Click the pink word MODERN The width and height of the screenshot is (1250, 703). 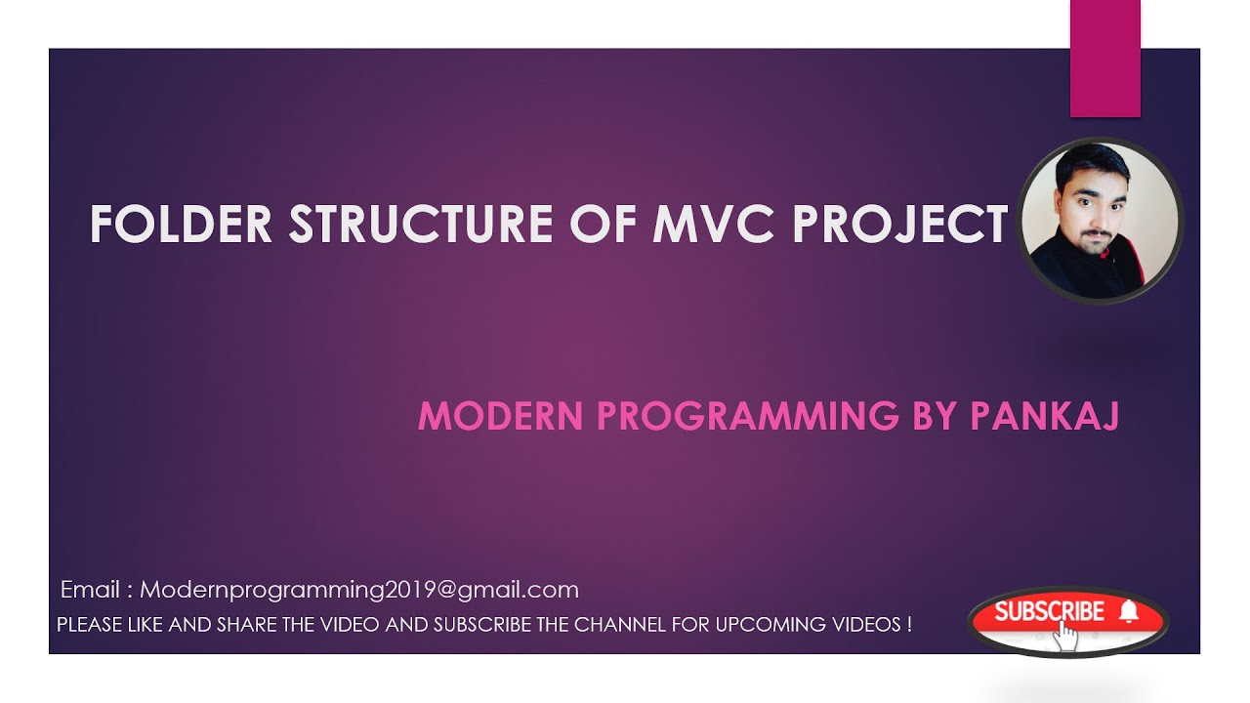pyautogui.click(x=501, y=416)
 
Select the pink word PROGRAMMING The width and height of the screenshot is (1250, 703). pyautogui.click(x=747, y=416)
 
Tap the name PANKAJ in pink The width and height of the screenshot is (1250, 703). pyautogui.click(x=1043, y=416)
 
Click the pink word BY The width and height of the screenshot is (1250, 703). pyautogui.click(x=935, y=416)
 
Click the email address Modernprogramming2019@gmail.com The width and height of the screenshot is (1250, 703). pyautogui.click(x=359, y=590)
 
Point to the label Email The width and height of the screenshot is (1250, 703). pyautogui.click(x=90, y=590)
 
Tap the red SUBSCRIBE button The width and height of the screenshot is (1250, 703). pyautogui.click(x=1050, y=612)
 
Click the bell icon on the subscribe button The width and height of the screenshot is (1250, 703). pyautogui.click(x=1129, y=611)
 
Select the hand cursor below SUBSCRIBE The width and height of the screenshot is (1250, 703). pyautogui.click(x=1065, y=636)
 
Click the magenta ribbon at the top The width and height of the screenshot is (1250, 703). pyautogui.click(x=1104, y=59)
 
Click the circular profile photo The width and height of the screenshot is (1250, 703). pyautogui.click(x=1101, y=221)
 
